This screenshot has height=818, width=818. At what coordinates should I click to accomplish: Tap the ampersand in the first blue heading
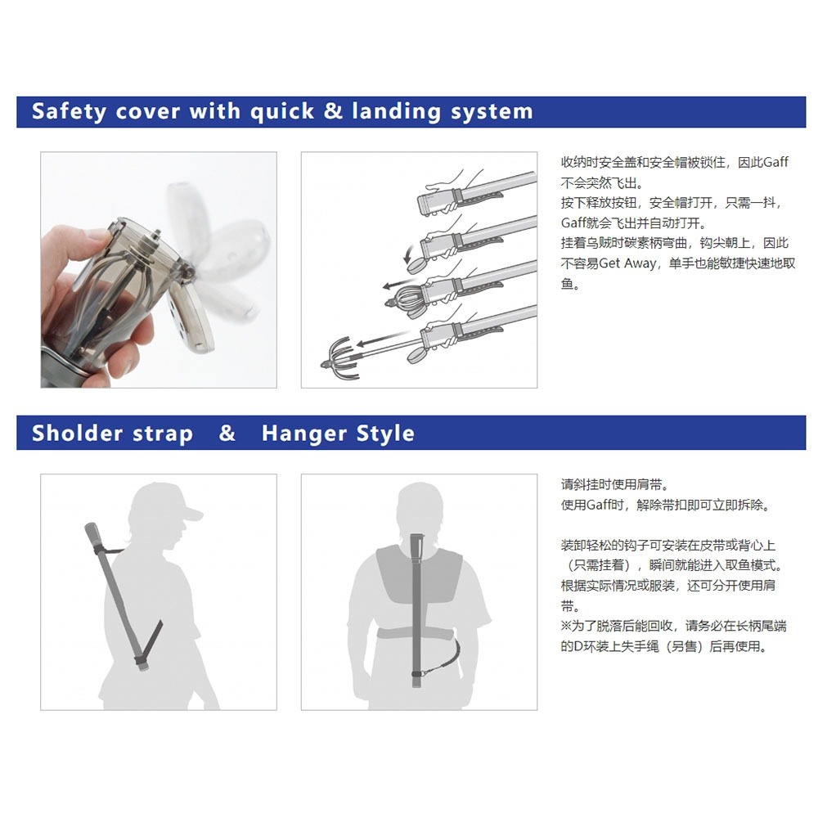pyautogui.click(x=333, y=111)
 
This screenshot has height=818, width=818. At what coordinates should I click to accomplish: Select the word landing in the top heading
pyautogui.click(x=396, y=111)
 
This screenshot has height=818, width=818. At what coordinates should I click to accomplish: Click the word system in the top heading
pyautogui.click(x=491, y=111)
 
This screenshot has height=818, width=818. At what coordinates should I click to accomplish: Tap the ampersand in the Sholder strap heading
pyautogui.click(x=227, y=434)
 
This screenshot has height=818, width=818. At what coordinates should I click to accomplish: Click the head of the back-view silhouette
pyautogui.click(x=418, y=510)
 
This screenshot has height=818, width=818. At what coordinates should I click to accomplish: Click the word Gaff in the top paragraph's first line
pyautogui.click(x=775, y=162)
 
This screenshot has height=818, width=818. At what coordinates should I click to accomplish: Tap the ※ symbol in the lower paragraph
pyautogui.click(x=566, y=627)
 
